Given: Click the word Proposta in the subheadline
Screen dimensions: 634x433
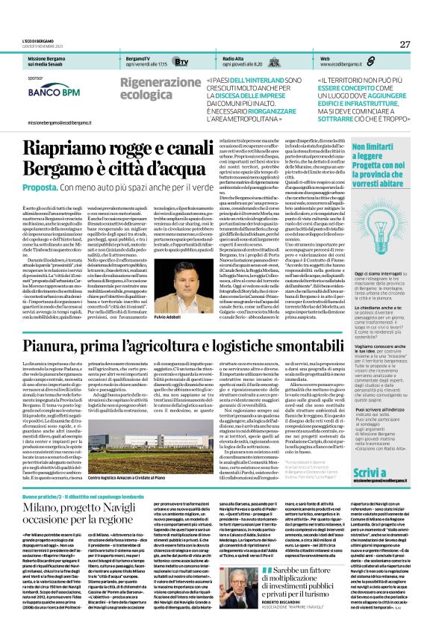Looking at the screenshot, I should (43, 186).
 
